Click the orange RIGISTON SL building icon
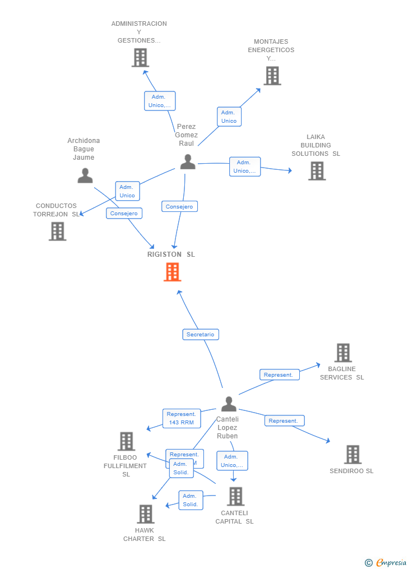[172, 272]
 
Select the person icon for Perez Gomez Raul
[188, 161]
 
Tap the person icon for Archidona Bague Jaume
[85, 175]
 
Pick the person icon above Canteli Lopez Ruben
[229, 404]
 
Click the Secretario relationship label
[201, 334]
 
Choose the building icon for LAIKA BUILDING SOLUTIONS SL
[317, 171]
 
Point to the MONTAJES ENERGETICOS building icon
[272, 76]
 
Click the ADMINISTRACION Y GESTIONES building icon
[140, 57]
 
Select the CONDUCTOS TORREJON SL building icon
[57, 231]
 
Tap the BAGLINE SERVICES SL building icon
[343, 353]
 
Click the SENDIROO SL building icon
[353, 454]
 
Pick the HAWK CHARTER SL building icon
[145, 514]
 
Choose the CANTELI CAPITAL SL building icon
[235, 496]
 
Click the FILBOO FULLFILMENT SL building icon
[126, 441]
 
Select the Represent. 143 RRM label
[181, 418]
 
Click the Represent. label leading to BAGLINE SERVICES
[279, 374]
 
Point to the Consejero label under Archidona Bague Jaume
[124, 213]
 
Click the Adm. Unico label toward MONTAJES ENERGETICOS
[229, 117]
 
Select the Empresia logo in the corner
[386, 562]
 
